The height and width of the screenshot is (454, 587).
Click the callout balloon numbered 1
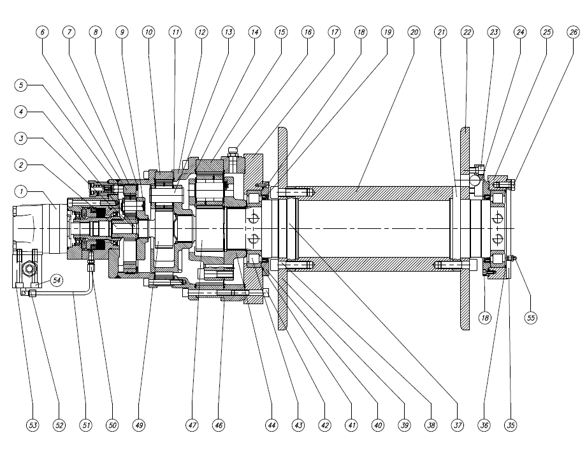21,192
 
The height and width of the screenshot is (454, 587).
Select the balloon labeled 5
21,85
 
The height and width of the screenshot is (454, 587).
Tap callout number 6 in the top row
42,33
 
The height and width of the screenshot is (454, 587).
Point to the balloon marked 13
228,33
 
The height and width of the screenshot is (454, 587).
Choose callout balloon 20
414,33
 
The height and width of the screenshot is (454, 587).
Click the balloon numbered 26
574,33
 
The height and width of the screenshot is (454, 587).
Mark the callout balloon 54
57,280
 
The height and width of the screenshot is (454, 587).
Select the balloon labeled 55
531,318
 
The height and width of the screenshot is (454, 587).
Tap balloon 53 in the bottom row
33,425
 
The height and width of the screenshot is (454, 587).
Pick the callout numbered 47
192,425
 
